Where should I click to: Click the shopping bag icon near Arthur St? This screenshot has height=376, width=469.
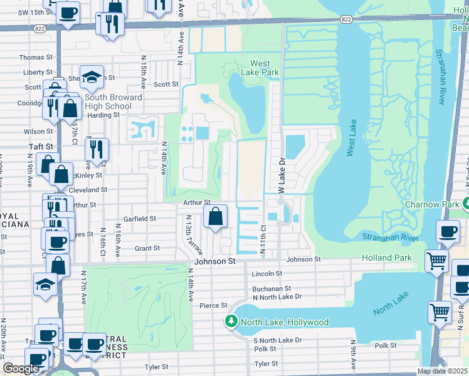[215, 217]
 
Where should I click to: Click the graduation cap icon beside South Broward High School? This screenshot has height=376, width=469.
[92, 76]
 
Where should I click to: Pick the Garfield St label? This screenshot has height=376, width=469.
[139, 219]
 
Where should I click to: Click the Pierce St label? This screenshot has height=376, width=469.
[213, 305]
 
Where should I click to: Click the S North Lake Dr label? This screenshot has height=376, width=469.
[277, 340]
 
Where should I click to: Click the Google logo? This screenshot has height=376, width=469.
[21, 368]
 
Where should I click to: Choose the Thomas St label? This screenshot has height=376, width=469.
[31, 57]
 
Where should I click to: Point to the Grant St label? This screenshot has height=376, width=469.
[147, 248]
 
